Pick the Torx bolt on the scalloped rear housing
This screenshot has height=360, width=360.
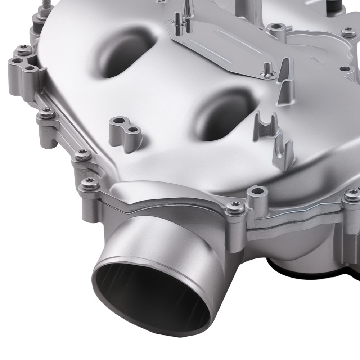(348, 32)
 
